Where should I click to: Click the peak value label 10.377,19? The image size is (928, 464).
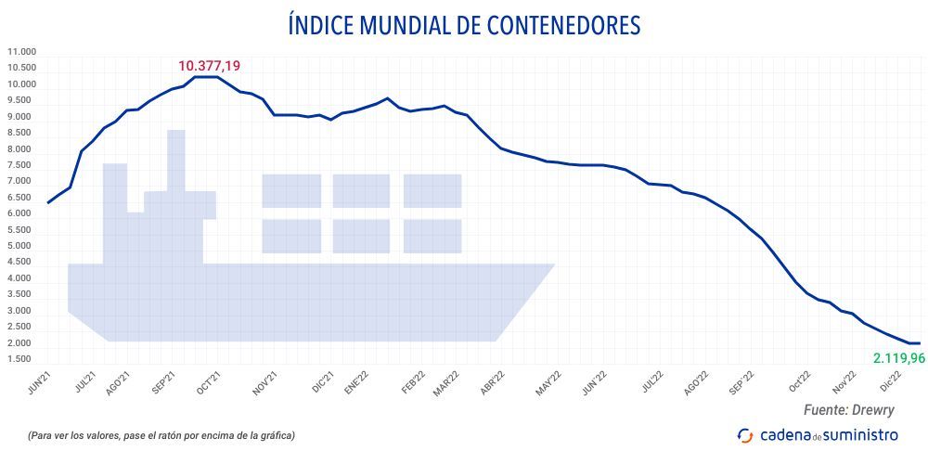click(210, 66)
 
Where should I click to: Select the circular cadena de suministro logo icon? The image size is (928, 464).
click(745, 434)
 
